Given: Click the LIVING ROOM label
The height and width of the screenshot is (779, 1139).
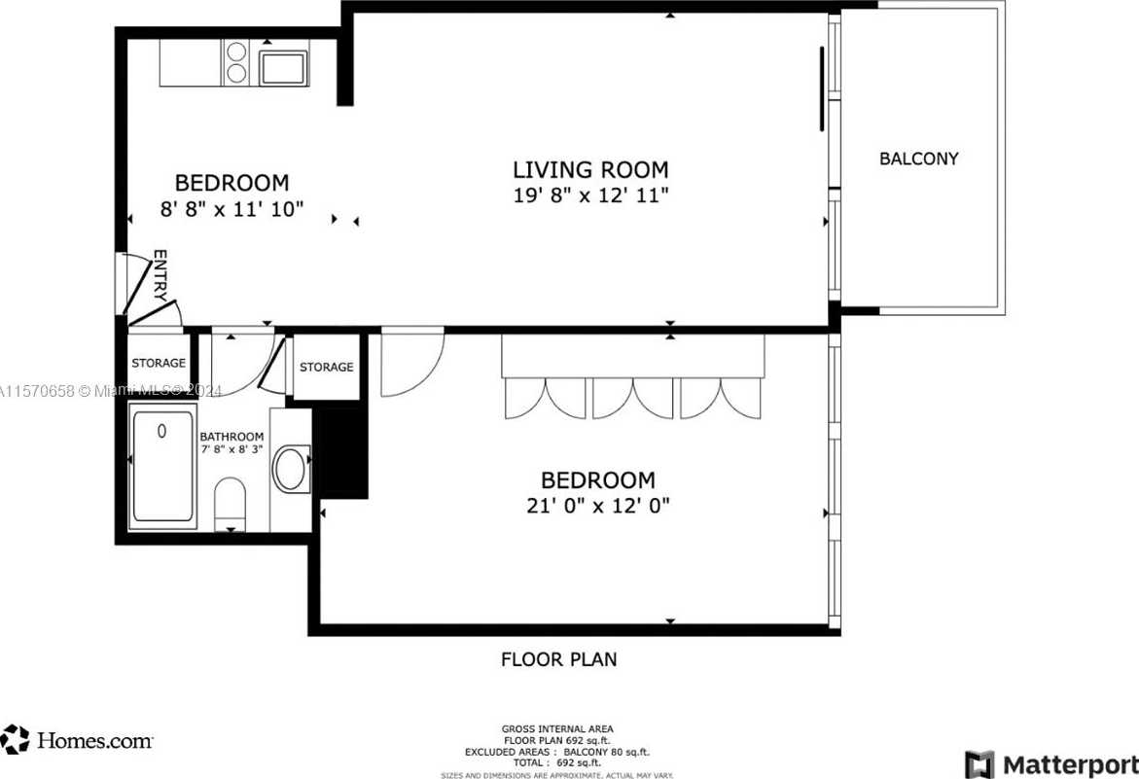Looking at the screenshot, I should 590,169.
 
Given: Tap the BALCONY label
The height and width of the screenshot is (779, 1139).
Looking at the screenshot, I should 918,159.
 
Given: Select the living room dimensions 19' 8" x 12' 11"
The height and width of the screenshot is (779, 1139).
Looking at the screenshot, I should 590,195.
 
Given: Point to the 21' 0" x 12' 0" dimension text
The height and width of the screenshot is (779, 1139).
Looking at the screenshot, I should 597,506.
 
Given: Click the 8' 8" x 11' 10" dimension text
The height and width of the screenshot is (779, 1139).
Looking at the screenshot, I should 231,207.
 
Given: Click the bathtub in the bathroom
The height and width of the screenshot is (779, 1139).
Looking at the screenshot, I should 162,466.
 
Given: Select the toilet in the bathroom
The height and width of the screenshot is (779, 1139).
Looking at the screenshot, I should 231,502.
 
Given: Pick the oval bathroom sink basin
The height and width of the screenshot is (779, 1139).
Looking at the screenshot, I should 290,469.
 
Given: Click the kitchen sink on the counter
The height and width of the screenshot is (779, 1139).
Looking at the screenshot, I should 283,68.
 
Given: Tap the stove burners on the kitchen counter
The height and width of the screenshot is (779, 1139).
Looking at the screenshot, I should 236,62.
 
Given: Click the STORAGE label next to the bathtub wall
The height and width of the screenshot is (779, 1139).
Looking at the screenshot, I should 158,363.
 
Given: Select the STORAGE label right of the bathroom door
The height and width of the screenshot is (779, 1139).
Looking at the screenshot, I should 326,367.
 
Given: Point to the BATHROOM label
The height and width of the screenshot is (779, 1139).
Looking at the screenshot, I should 231,437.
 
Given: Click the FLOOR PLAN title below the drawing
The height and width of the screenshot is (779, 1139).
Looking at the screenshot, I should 558,659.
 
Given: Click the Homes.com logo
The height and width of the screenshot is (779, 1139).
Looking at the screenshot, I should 78,740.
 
